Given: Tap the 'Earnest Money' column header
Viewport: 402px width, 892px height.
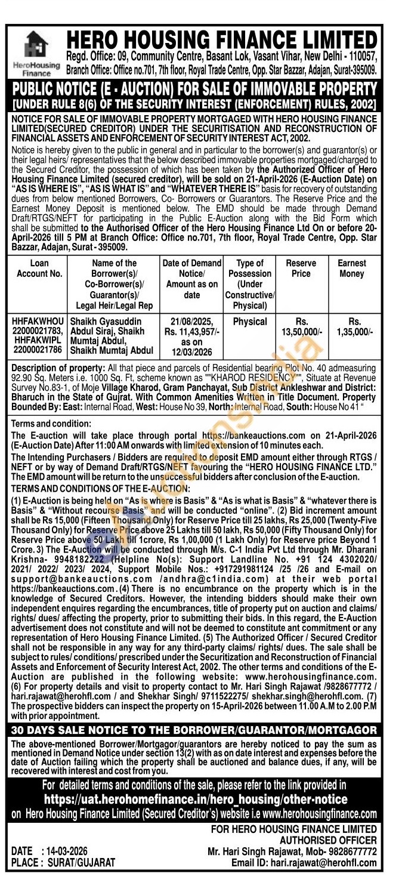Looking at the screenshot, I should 351,268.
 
